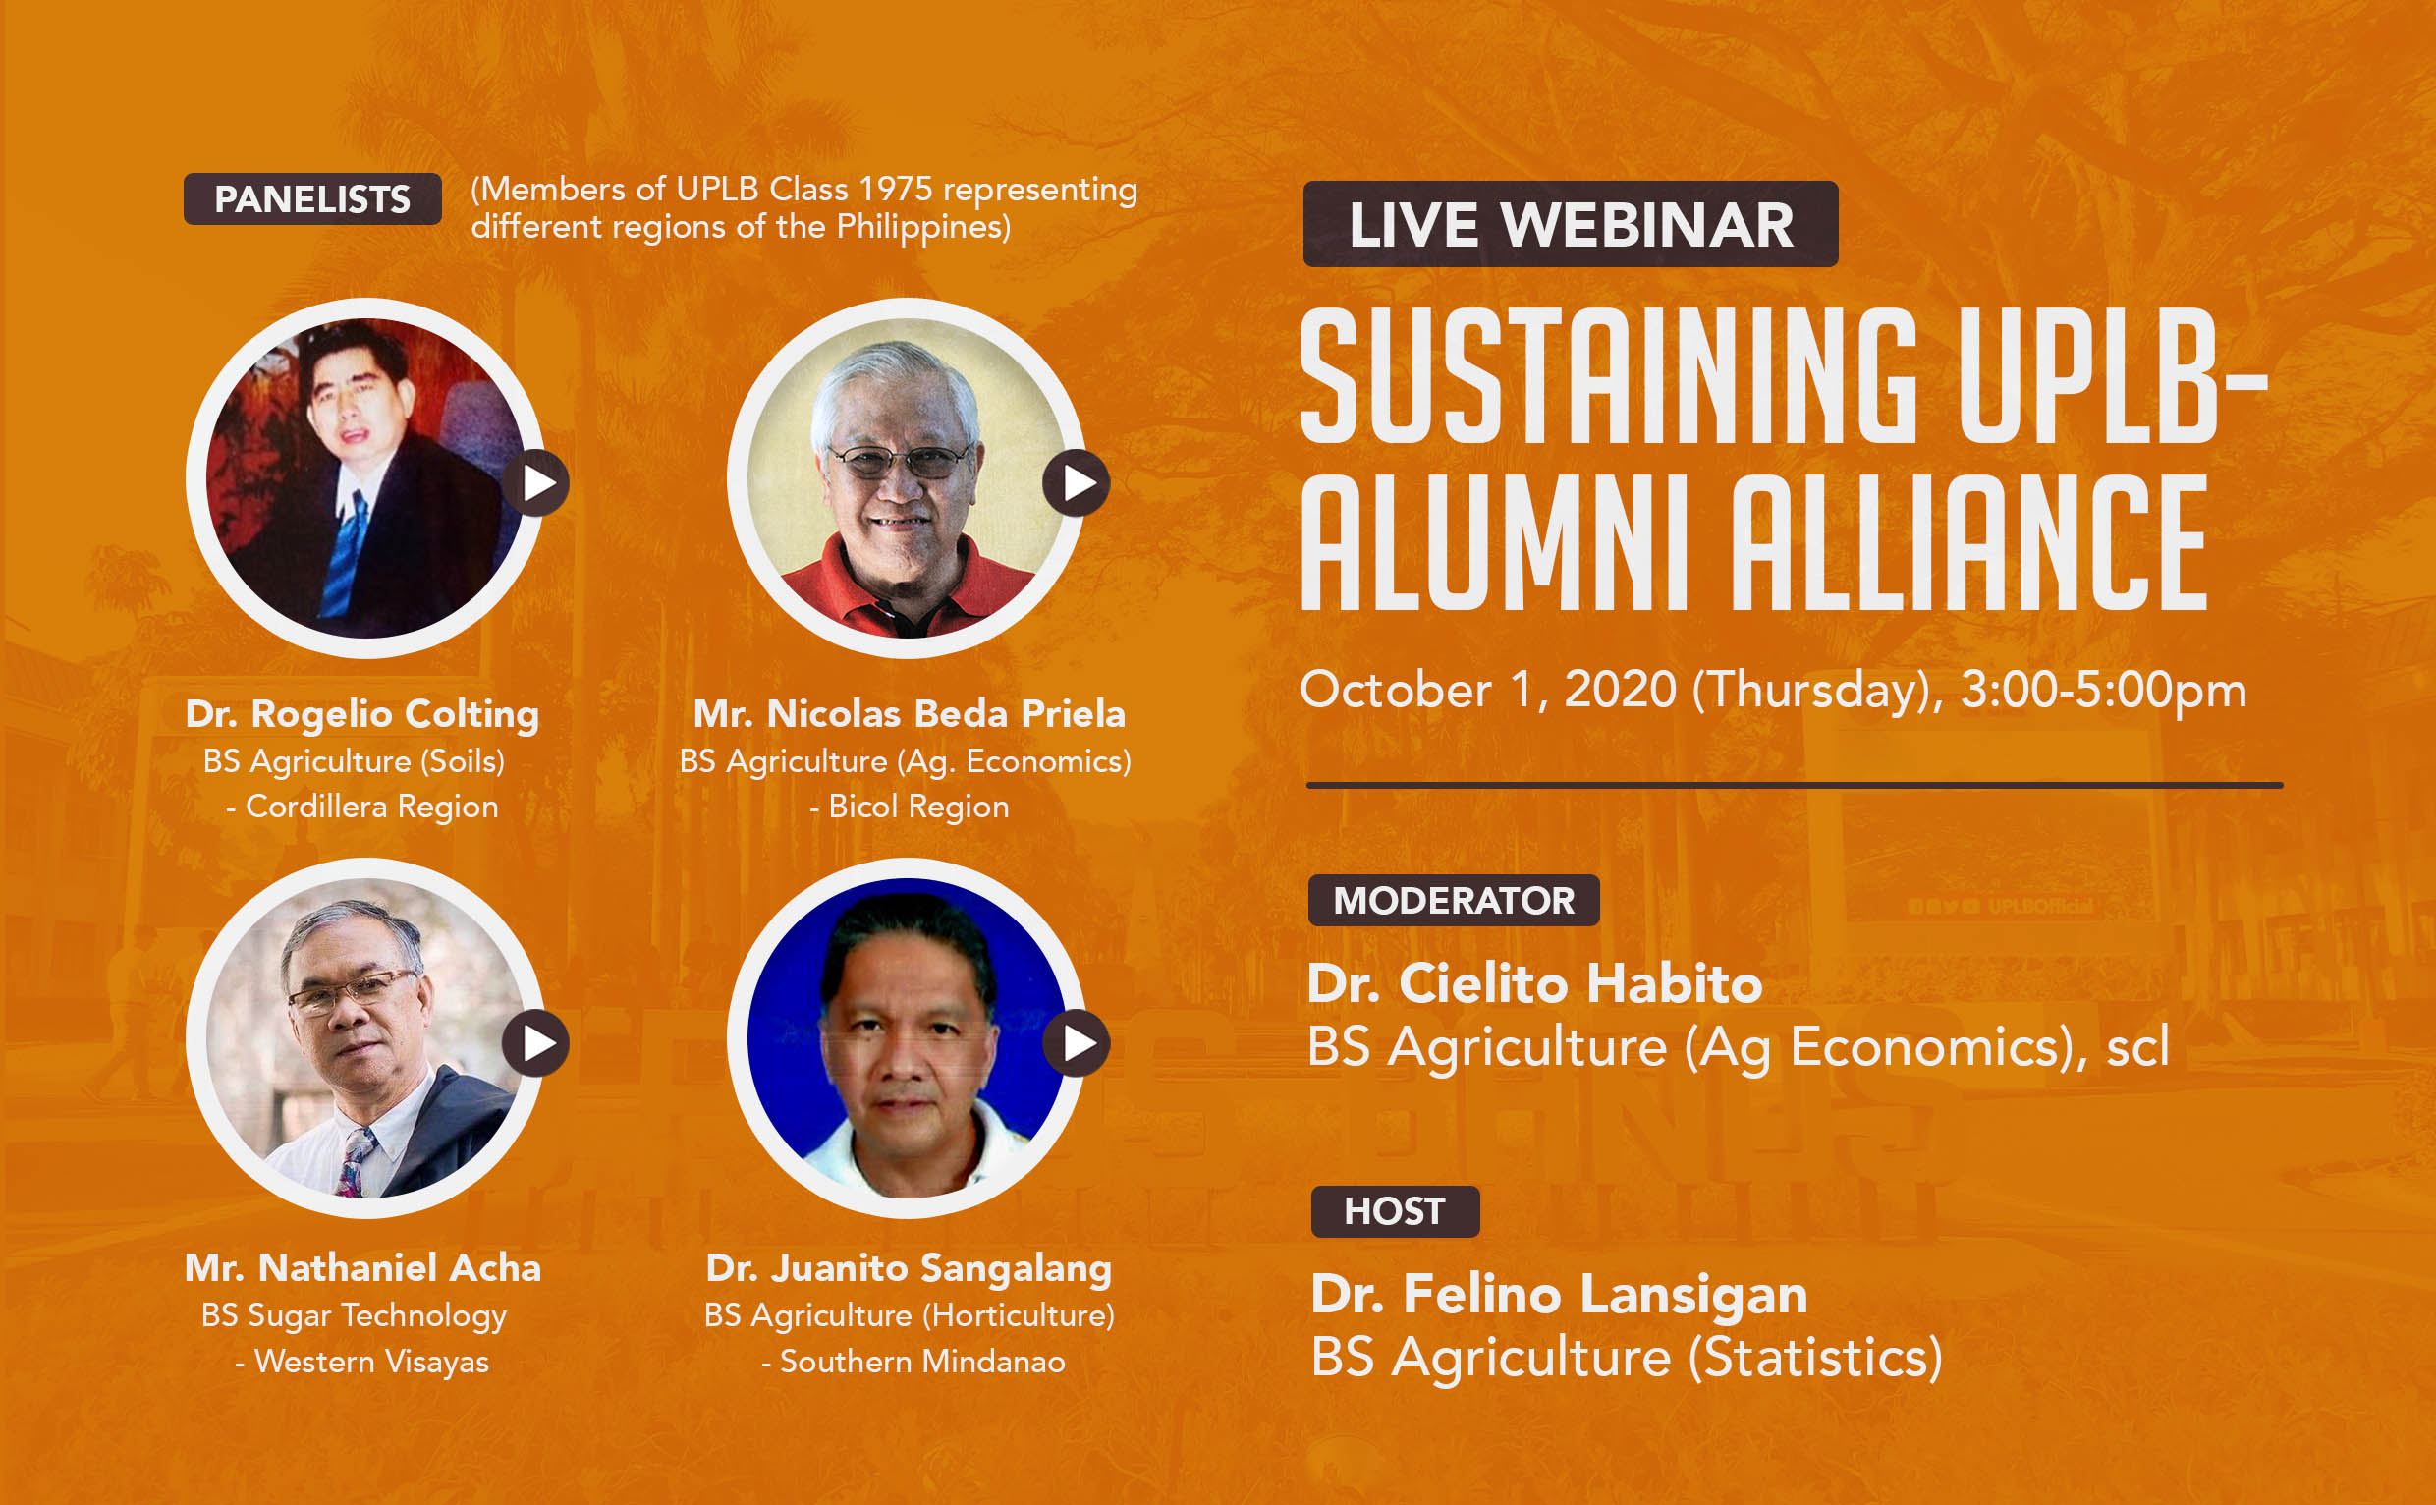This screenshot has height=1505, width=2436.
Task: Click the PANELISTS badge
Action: (312, 199)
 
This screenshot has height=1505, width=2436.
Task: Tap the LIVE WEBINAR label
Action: (1571, 224)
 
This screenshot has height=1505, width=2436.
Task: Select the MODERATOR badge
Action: (1454, 901)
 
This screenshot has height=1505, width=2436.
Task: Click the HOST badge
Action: (1395, 1211)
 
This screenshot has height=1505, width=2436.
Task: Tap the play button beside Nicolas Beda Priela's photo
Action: (1077, 482)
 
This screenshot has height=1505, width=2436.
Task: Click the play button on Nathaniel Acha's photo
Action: (535, 1043)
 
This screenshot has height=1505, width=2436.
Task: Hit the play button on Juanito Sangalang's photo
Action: (1077, 1043)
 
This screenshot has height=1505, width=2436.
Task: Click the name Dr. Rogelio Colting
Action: (362, 713)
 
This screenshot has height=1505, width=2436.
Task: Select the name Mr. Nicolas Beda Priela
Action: (909, 713)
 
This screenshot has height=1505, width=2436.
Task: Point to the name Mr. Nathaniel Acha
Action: (363, 1268)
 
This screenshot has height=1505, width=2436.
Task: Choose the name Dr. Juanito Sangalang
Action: (909, 1269)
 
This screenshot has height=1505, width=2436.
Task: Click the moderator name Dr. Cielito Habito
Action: (1534, 983)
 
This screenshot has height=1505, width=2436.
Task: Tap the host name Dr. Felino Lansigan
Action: (1559, 1295)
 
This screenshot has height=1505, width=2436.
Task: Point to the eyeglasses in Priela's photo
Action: (901, 461)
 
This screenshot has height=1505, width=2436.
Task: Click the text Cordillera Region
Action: (372, 808)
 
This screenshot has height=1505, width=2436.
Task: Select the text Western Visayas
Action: (372, 1362)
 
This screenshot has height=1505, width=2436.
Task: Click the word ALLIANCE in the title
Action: (1969, 542)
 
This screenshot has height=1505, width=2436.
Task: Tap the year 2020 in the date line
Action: (1620, 690)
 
